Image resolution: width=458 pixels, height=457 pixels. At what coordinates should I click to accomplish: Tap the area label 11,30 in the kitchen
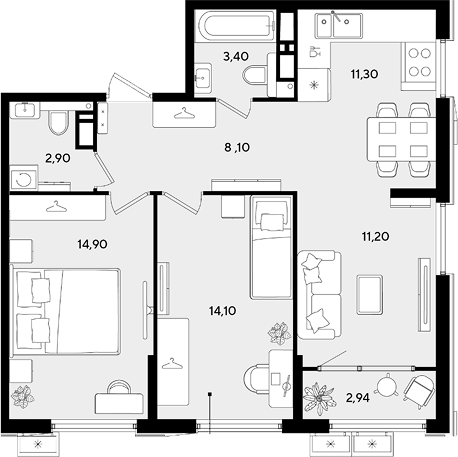point(364,74)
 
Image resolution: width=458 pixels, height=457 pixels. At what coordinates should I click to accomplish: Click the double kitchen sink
point(338,25)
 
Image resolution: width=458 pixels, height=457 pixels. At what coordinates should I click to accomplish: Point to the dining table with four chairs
point(402,139)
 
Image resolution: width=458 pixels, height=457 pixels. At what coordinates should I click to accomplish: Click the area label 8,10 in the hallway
point(237,147)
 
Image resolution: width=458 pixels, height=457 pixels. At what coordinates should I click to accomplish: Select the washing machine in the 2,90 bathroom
point(24,178)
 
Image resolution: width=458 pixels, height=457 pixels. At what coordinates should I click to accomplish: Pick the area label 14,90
point(92,244)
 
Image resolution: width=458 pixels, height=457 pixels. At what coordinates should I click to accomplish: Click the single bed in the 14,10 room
point(271,247)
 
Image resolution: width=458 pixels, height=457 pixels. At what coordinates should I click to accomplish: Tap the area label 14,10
point(223,311)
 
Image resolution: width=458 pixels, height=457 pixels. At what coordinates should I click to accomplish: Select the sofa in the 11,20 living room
point(319,295)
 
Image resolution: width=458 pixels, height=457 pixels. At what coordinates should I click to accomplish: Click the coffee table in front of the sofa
point(369,295)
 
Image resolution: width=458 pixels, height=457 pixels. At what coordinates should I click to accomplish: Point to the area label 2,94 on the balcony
point(358,398)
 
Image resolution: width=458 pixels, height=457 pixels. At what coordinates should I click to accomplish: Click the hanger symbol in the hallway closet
point(184,113)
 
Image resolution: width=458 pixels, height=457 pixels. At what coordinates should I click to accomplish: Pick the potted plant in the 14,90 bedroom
point(23,397)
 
